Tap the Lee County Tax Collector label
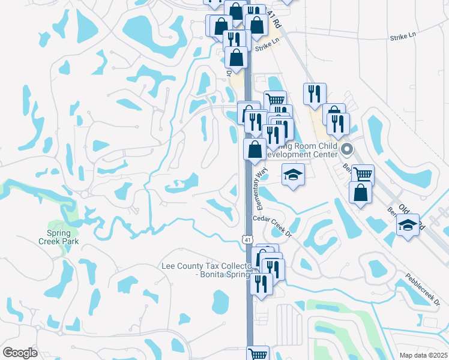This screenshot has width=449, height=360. click(x=205, y=265)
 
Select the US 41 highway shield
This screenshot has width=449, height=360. click(x=247, y=239)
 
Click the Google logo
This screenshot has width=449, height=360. click(x=20, y=352)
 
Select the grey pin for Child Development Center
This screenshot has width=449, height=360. click(x=346, y=149)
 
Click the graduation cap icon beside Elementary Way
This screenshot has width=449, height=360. click(x=293, y=174)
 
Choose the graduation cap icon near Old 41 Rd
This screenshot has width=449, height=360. click(x=408, y=224)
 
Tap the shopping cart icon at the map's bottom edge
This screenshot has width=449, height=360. click(x=258, y=353)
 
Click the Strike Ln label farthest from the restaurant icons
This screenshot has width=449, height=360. click(x=403, y=37)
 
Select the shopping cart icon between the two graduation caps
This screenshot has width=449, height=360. click(x=363, y=174)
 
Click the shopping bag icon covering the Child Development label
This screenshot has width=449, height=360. click(x=255, y=149)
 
